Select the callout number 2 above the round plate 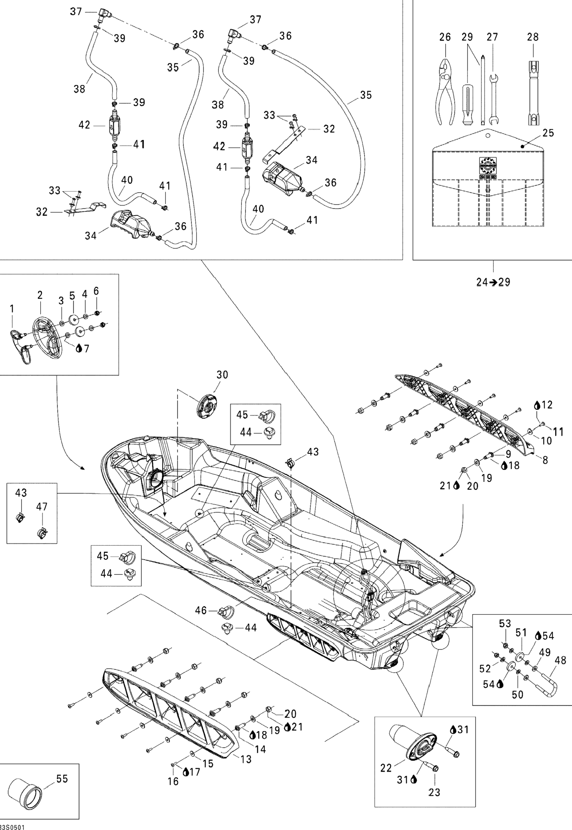[40, 295]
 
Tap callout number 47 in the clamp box [42, 507]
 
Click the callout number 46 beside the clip [201, 610]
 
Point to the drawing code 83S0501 [12, 827]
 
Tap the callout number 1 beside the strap [12, 308]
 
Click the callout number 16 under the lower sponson [173, 781]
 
